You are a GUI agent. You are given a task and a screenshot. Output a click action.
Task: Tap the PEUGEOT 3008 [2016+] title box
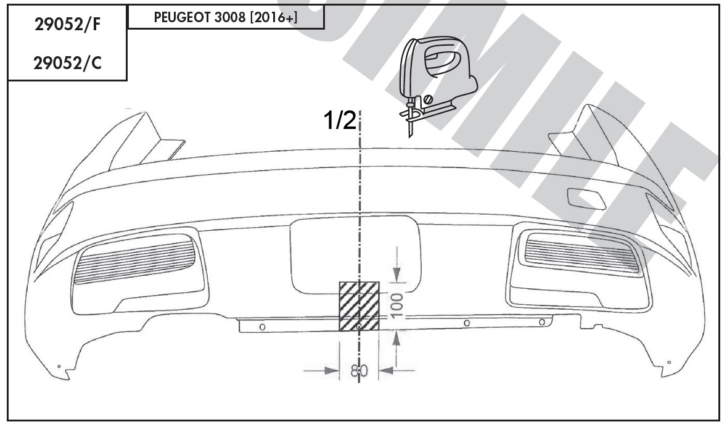(x=226, y=18)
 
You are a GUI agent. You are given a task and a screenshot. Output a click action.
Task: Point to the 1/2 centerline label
(x=340, y=121)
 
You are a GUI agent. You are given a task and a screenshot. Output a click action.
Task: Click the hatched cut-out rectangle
(x=359, y=306)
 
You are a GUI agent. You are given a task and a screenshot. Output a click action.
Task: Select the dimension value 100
(x=398, y=305)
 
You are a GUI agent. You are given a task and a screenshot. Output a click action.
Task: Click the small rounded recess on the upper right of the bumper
(x=584, y=197)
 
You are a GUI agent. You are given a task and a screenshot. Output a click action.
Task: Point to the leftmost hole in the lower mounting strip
(x=262, y=326)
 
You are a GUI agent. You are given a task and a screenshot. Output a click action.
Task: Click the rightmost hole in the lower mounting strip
(x=542, y=322)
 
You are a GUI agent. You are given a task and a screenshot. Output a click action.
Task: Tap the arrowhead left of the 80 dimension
(x=332, y=370)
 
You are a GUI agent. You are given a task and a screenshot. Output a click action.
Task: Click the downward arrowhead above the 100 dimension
(x=398, y=273)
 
